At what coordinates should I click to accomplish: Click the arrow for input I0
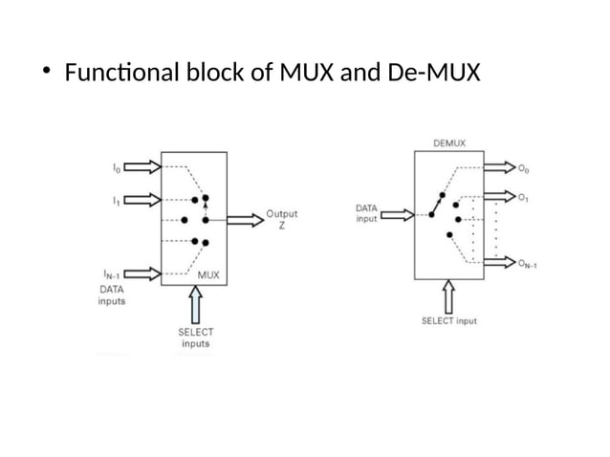[142, 168]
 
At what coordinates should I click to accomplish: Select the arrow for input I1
[142, 200]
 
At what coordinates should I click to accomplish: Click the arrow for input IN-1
[142, 272]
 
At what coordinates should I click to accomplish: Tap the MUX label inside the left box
[208, 275]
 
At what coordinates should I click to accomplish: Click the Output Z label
[280, 219]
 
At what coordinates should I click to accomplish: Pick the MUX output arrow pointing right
[245, 218]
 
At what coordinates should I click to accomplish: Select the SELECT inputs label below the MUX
[195, 337]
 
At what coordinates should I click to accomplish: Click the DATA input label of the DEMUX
[365, 212]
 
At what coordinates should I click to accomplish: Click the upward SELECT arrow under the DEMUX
[448, 295]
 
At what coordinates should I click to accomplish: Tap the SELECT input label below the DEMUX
[448, 321]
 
